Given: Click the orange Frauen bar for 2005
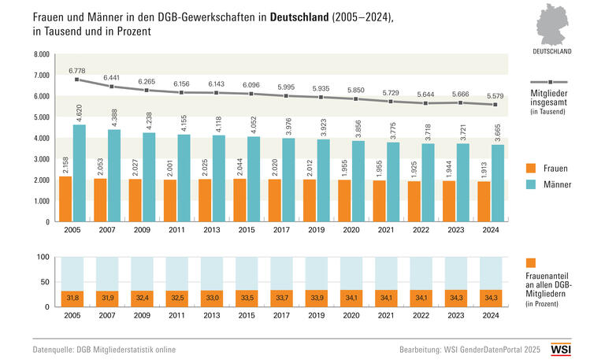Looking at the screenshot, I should click(x=66, y=199).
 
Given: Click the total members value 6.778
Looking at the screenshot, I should click(x=77, y=69).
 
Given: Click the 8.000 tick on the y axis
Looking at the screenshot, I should click(x=41, y=54).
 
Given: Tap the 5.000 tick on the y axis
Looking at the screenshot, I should click(x=41, y=117).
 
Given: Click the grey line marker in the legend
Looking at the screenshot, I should click(x=551, y=81).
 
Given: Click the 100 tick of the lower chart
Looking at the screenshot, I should click(x=44, y=257).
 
